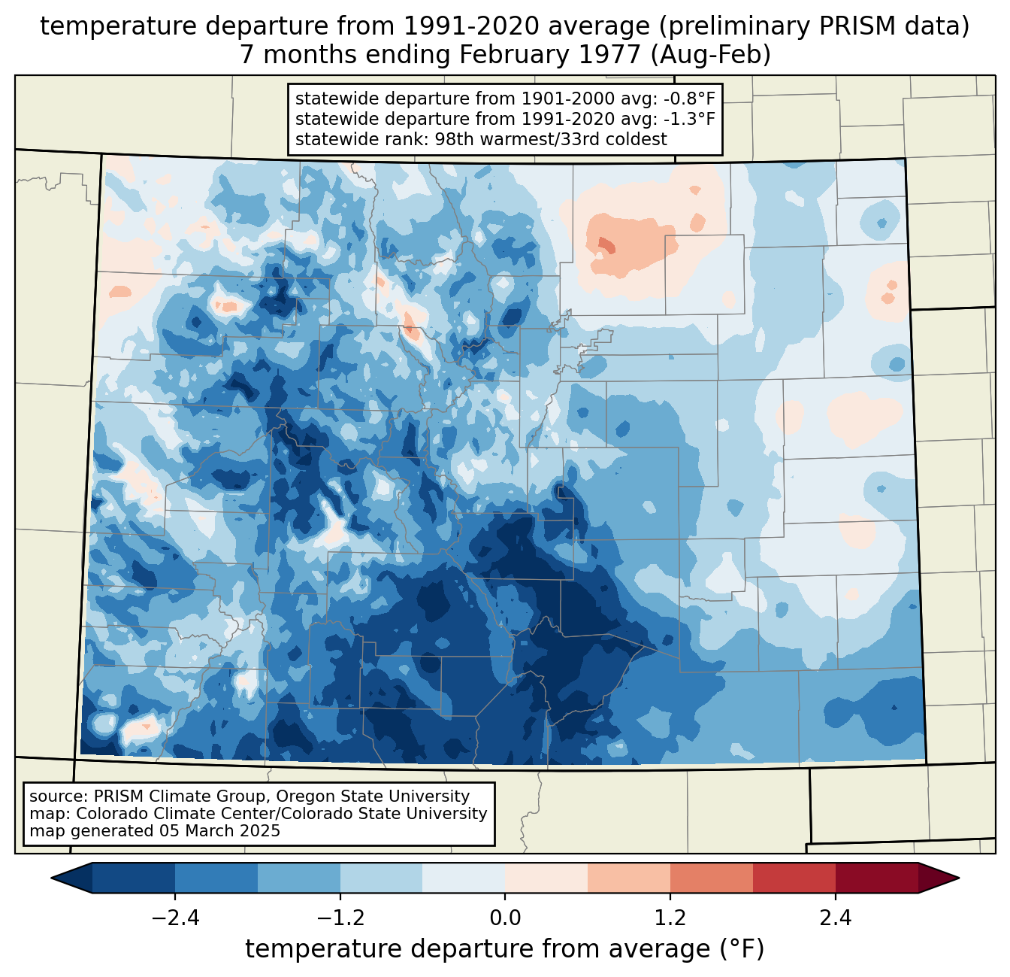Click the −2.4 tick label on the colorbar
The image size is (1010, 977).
[x=175, y=918]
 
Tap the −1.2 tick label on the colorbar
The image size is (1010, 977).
[x=340, y=918]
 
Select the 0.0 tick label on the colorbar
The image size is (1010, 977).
[x=505, y=918]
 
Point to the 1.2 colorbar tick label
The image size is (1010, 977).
[x=670, y=918]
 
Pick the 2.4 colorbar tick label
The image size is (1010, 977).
[x=835, y=918]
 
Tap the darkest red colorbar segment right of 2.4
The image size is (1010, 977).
[x=876, y=878]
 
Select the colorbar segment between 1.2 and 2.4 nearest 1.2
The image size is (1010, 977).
[x=711, y=878]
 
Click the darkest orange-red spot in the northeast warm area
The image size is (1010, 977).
[x=606, y=244]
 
